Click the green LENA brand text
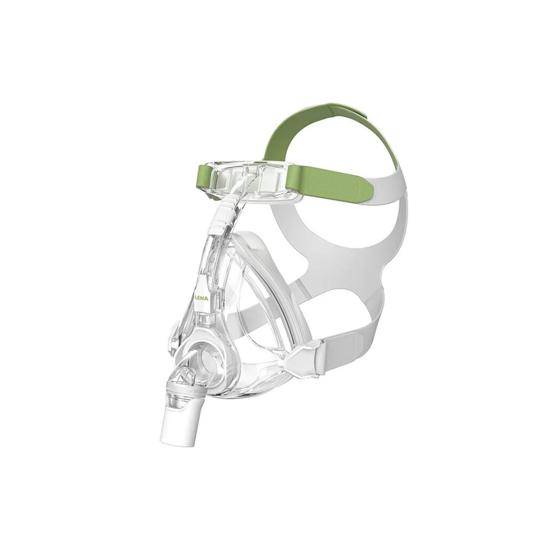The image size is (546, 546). pyautogui.click(x=202, y=299)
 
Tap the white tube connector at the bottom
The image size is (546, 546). pyautogui.click(x=179, y=422)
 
